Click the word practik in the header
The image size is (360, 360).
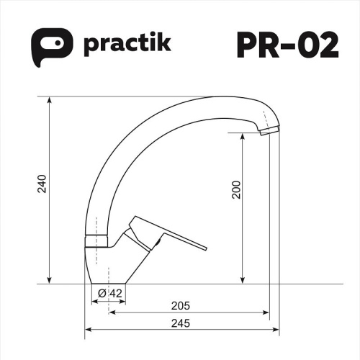[127, 45]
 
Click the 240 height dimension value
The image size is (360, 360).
[42, 186]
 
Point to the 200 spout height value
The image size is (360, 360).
[235, 189]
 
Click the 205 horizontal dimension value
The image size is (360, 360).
[181, 305]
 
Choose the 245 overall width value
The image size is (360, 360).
[181, 323]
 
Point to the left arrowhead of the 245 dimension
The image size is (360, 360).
[89, 331]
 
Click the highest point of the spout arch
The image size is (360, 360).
[216, 96]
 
